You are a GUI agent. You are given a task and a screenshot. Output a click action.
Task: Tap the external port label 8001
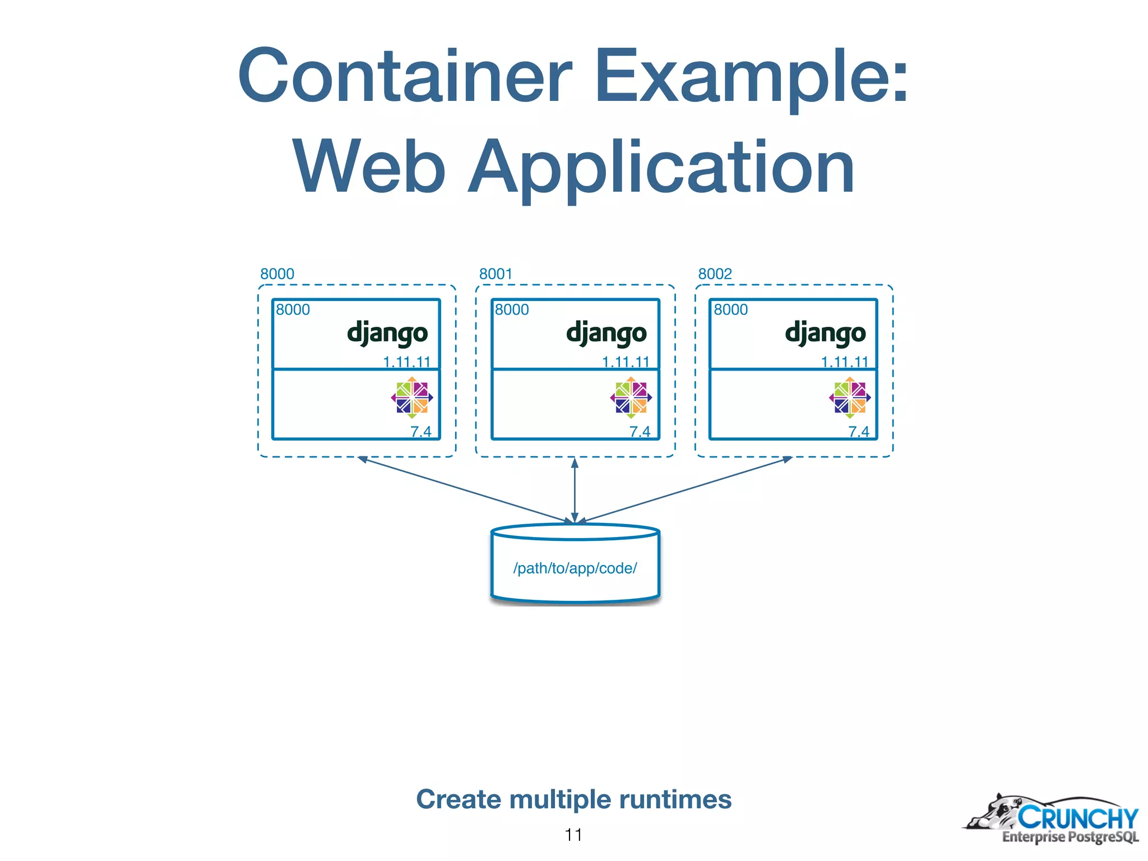click(496, 274)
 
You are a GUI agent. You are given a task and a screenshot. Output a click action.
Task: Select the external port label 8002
click(715, 274)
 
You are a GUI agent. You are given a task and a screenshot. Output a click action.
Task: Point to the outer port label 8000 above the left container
click(277, 274)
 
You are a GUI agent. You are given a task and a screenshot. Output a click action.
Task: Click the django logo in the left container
click(387, 333)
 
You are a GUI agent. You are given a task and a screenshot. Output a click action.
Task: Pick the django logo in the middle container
click(607, 333)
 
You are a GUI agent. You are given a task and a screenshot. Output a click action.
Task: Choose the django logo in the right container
click(825, 333)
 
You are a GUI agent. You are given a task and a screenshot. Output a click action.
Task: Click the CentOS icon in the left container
click(412, 397)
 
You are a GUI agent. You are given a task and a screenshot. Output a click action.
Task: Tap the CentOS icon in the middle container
click(631, 397)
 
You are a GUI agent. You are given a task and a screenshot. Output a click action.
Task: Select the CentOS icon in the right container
click(850, 397)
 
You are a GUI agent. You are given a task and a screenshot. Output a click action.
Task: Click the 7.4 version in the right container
click(858, 432)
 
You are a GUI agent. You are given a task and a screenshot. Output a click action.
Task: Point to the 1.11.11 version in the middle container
click(626, 362)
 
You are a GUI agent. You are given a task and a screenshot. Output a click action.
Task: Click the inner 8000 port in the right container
click(730, 310)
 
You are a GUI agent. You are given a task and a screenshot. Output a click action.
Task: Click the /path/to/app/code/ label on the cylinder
click(575, 568)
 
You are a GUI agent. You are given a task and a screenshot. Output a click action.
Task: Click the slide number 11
click(573, 835)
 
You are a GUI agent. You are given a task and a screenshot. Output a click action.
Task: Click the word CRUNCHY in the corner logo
click(1077, 818)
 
